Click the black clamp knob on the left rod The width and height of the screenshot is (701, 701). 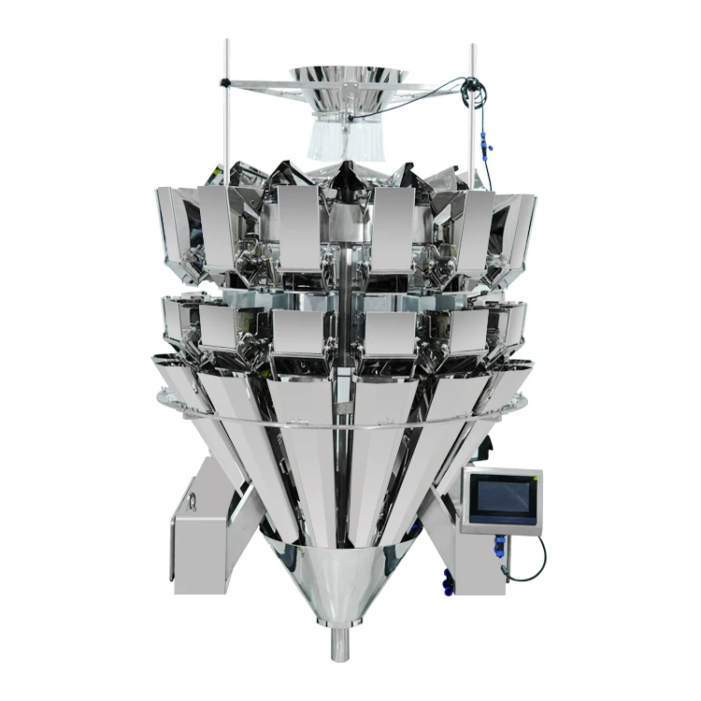point(225,83)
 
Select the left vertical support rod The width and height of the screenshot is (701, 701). point(225,122)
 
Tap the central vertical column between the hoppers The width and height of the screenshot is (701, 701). point(346,280)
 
